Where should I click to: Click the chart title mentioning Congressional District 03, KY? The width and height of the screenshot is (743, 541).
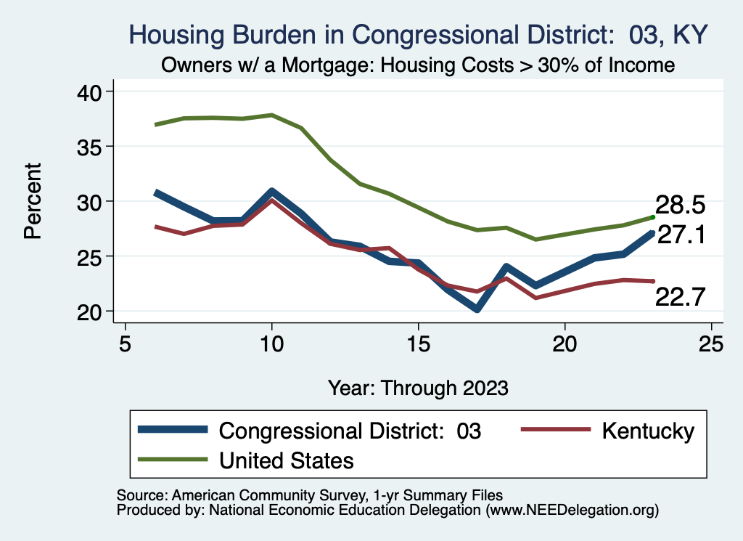(x=418, y=34)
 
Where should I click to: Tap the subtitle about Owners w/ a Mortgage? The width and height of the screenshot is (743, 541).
(x=418, y=65)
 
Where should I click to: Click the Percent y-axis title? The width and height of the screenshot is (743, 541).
(x=33, y=201)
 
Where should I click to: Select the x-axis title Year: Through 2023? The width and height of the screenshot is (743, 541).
(x=418, y=387)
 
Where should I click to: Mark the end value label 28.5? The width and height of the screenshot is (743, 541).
(x=681, y=205)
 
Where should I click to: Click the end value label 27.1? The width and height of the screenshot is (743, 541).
(x=681, y=235)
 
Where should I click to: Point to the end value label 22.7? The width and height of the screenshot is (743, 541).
(x=681, y=296)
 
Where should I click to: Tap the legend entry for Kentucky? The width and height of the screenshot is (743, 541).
(x=648, y=431)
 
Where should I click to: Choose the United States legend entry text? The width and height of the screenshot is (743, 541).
(x=287, y=460)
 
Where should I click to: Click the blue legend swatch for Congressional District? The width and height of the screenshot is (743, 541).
(x=172, y=431)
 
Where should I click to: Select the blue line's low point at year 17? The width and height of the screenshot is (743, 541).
(x=477, y=309)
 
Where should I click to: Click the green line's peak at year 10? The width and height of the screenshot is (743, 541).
(x=272, y=115)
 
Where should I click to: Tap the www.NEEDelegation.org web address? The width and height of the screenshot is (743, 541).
(x=573, y=510)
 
